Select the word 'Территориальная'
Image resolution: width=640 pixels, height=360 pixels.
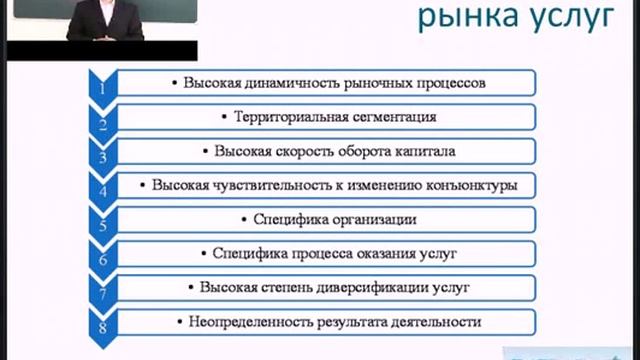(289, 116)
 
